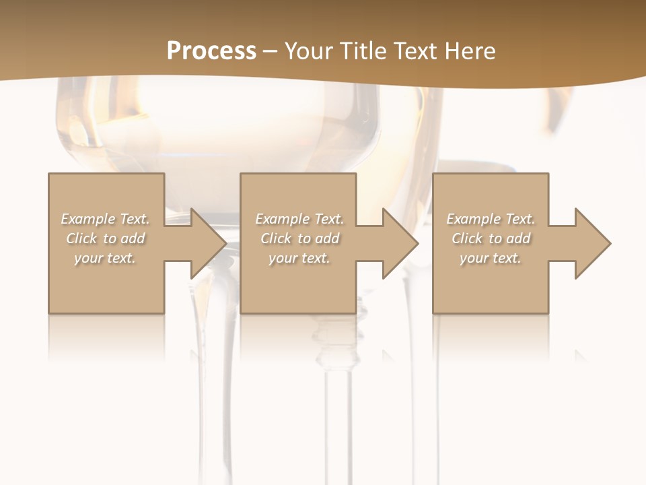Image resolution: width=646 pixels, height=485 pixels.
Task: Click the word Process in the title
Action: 211,51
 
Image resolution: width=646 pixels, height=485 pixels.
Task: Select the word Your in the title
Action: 310,51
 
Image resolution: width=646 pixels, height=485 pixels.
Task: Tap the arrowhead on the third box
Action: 591,243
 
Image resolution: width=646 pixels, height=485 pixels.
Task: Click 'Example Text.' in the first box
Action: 106,219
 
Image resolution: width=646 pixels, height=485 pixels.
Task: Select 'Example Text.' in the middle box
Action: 299,219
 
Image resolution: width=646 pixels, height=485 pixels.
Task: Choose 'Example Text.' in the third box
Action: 491,219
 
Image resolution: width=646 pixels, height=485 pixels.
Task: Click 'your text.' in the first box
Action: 105,258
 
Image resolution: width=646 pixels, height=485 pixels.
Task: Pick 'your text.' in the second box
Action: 299,258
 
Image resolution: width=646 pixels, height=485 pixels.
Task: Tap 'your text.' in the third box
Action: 491,258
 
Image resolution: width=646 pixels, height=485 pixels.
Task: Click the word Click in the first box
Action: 81,238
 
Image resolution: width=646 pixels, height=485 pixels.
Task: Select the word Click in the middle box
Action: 276,238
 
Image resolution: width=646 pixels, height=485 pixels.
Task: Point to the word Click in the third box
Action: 467,238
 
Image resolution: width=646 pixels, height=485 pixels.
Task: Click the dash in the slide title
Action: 270,51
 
